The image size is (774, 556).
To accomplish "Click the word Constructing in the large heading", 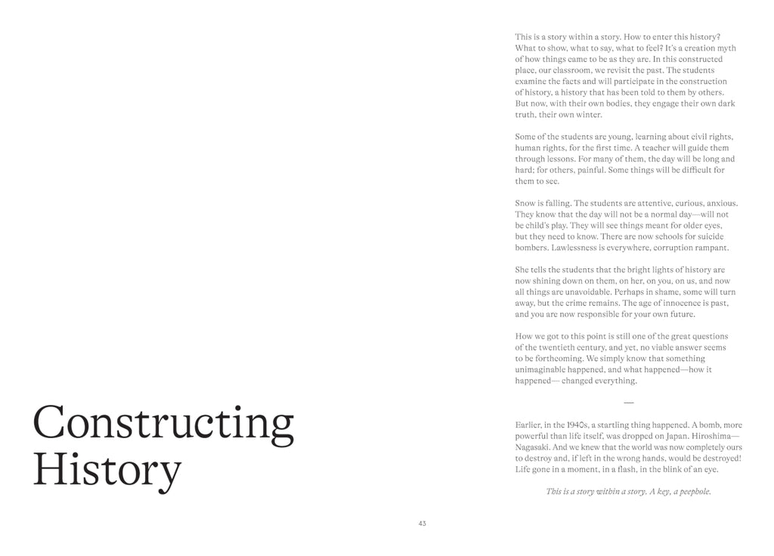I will (163, 424).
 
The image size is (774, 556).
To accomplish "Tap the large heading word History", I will (107, 469).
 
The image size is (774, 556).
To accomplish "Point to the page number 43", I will (422, 523).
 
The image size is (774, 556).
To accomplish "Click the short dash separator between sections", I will (629, 402).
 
